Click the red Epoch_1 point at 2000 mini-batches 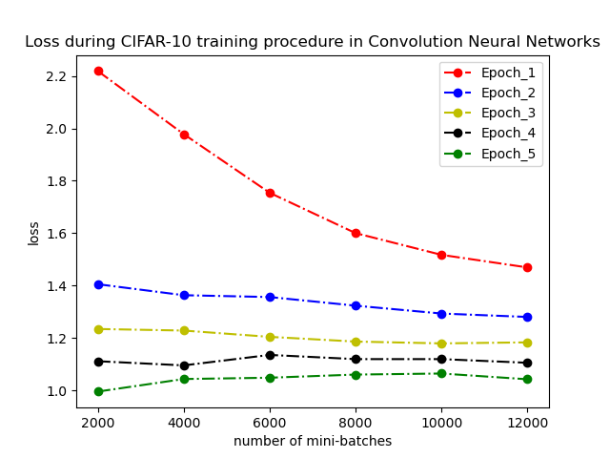[x=98, y=72]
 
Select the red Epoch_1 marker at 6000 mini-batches [x=270, y=193]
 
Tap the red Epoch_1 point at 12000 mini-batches [x=527, y=267]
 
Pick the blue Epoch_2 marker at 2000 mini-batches [x=98, y=284]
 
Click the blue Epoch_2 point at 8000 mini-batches [x=356, y=305]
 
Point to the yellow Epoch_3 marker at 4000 [x=184, y=330]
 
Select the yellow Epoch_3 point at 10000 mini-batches [x=441, y=343]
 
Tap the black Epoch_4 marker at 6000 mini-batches [x=270, y=355]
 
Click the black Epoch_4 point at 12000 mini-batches [x=527, y=363]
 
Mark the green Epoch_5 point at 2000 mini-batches [x=98, y=391]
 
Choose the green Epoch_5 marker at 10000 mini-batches [x=441, y=373]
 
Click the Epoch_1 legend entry [x=508, y=73]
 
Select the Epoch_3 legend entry [x=508, y=114]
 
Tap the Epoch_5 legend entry [x=508, y=154]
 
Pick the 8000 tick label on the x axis [x=356, y=422]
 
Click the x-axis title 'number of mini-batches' [x=313, y=441]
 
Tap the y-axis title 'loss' [x=34, y=233]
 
